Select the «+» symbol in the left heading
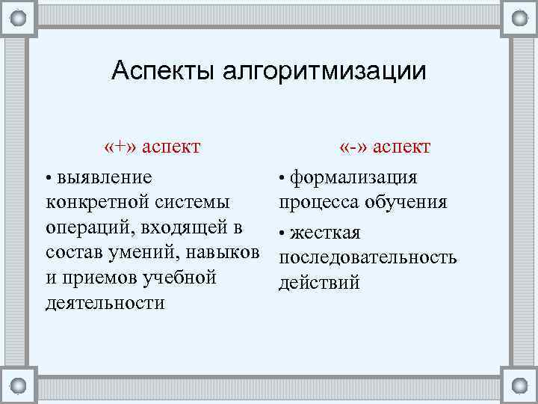click(x=122, y=145)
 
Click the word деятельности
click(x=105, y=303)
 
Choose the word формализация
click(x=353, y=177)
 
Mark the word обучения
click(x=407, y=202)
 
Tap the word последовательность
click(x=367, y=257)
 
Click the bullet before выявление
click(x=49, y=179)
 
